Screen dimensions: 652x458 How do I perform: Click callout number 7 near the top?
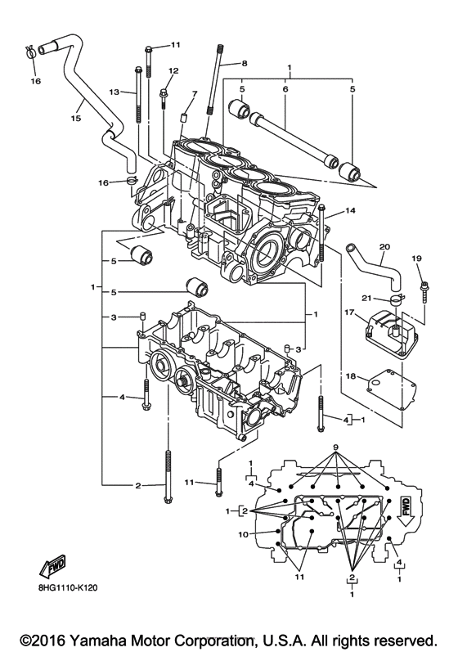click(x=194, y=94)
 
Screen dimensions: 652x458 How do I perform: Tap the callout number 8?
click(x=243, y=63)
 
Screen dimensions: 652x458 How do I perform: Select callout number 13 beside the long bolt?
click(x=114, y=92)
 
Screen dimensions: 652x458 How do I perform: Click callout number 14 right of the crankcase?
click(x=351, y=211)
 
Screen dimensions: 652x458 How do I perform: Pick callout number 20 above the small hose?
click(x=384, y=245)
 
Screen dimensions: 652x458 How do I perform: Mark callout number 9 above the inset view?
click(x=335, y=447)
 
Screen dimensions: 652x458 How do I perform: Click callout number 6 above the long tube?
click(x=285, y=88)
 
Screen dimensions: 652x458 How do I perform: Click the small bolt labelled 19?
click(x=424, y=286)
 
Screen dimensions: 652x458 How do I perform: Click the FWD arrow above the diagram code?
click(x=51, y=568)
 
